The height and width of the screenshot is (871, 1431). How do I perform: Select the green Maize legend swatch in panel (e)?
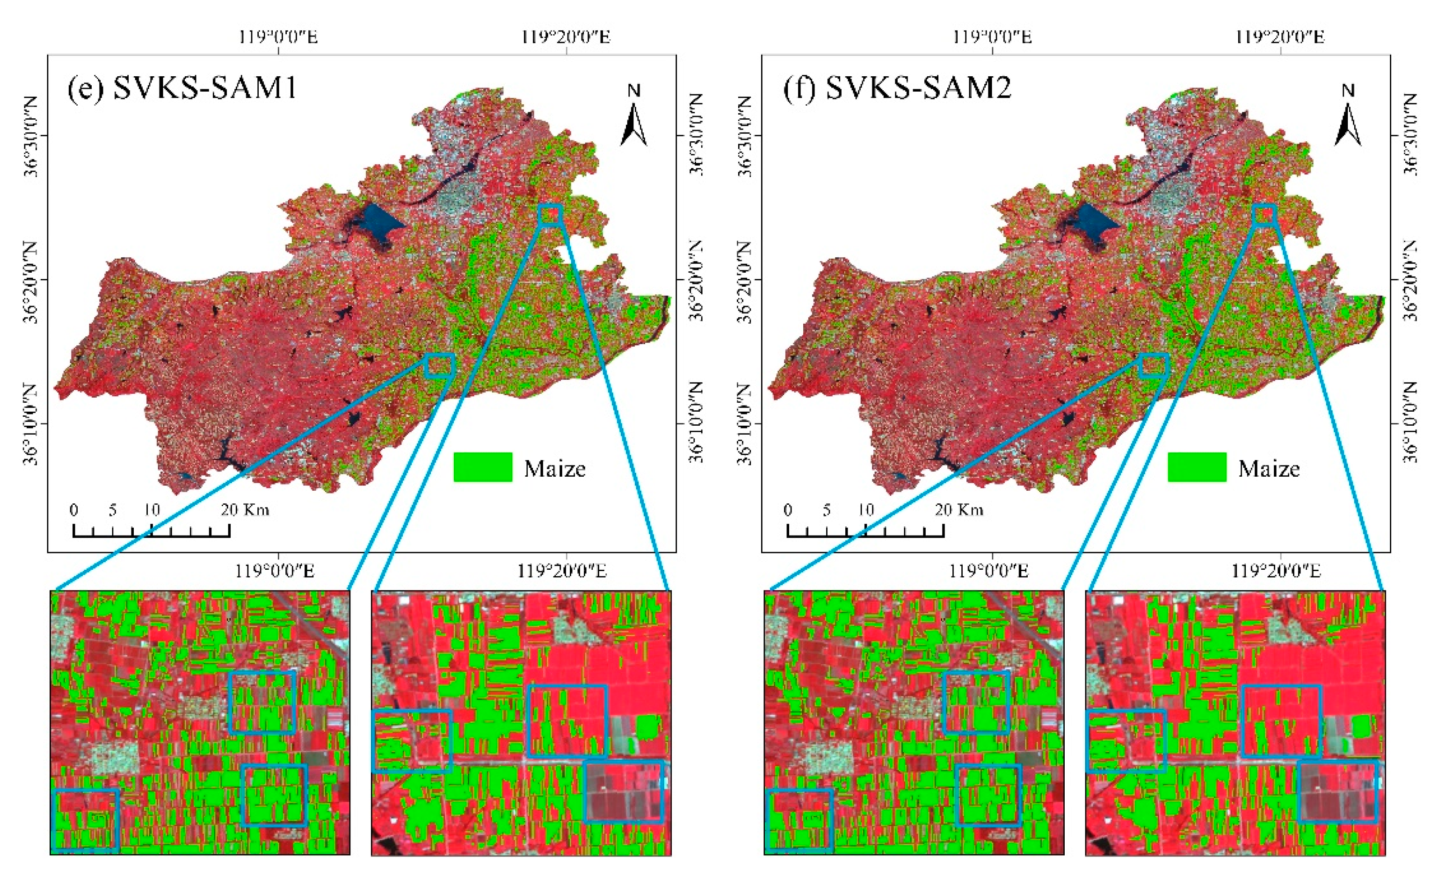[483, 467]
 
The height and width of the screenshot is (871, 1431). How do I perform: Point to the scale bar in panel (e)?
[151, 530]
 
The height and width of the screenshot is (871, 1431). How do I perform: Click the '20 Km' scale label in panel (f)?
[959, 510]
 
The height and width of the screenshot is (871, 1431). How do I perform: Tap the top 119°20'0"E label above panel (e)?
[566, 36]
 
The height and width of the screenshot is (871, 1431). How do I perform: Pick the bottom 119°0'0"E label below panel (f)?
[988, 571]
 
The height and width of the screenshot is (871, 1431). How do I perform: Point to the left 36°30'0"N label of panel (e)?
[30, 137]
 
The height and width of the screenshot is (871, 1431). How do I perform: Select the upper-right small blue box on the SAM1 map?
[549, 214]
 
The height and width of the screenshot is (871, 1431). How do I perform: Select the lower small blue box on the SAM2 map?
[1154, 365]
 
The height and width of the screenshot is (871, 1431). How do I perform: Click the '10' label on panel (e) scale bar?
[152, 510]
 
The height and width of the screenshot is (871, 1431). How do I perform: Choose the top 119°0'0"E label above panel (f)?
[992, 36]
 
